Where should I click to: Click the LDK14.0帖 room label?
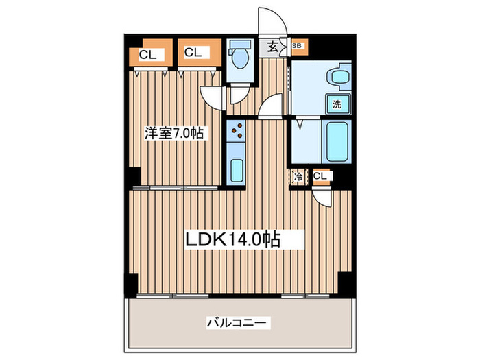pos(233,239)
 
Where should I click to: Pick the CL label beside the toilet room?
pos(191,51)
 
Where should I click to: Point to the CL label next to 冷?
pos(320,177)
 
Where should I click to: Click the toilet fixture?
pos(239,59)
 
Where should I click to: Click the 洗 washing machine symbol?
pos(337,105)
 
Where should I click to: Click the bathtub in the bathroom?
pos(338,140)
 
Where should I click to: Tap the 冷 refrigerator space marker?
pos(298,177)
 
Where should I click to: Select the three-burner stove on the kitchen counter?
pos(237,130)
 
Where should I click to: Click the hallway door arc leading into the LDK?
pos(273,106)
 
